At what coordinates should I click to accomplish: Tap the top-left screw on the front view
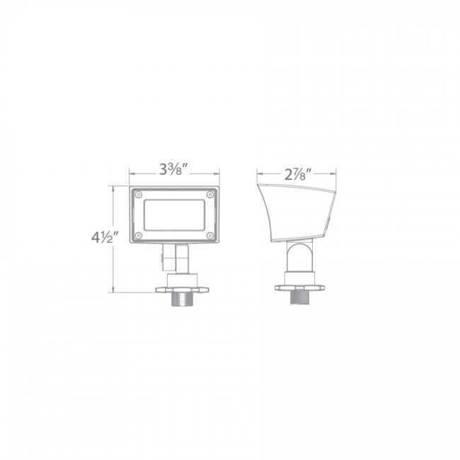point(139,194)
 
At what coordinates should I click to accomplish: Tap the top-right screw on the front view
point(210,194)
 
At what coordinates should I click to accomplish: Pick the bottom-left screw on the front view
point(139,235)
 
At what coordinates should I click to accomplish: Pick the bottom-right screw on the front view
point(210,235)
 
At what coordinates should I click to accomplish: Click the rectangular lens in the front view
point(174,214)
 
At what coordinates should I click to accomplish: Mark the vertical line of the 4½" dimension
point(112,238)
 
